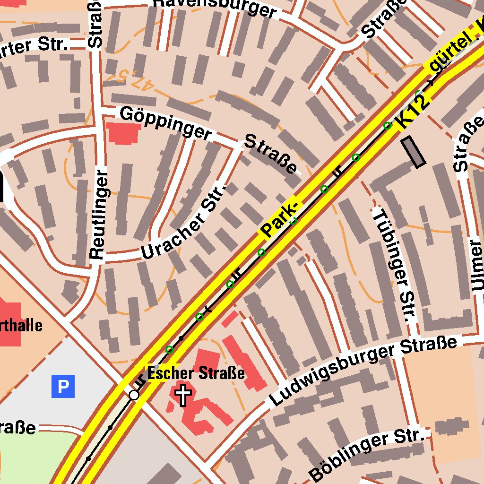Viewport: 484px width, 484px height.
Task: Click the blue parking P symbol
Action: tap(63, 387)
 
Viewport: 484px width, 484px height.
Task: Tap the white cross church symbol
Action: tap(183, 395)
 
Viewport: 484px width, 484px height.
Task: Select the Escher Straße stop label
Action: tap(196, 373)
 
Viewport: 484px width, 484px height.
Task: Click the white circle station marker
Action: tap(134, 395)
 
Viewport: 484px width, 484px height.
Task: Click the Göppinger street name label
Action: tap(165, 122)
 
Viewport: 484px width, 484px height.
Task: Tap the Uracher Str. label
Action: tap(185, 221)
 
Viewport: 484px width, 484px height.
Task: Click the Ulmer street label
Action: tap(477, 265)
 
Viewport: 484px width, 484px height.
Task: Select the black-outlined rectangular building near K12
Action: tap(413, 152)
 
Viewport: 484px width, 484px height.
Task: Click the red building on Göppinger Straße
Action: tap(123, 132)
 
